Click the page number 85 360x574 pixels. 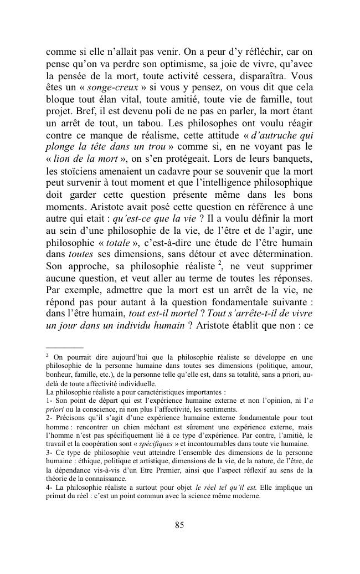[179, 525]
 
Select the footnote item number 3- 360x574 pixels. [49, 454]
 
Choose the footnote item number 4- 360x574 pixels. [49, 488]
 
